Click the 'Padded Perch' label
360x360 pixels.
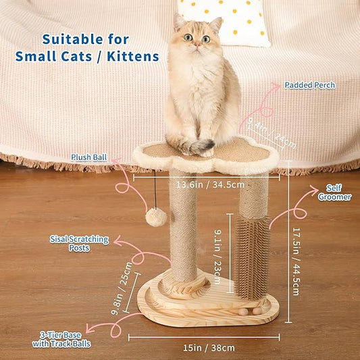(309, 85)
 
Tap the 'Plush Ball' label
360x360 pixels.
(89, 157)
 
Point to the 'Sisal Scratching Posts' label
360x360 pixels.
(70, 243)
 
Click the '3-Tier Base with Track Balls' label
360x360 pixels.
(61, 339)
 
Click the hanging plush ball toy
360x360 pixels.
(157, 217)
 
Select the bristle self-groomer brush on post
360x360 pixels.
(253, 257)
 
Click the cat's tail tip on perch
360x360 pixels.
(203, 145)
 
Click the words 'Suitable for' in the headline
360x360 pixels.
(86, 39)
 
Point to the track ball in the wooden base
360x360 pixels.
(257, 310)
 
